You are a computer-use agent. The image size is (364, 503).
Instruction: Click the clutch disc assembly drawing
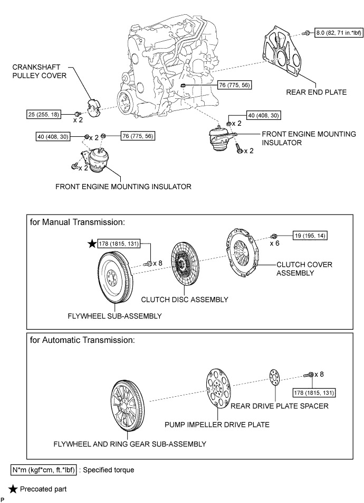point(185,267)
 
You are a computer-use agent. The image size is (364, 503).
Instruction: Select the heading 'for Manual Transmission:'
point(78,222)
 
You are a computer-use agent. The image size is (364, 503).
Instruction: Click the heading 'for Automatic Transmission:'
point(83,340)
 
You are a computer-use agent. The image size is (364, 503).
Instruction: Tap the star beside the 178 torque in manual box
point(93,244)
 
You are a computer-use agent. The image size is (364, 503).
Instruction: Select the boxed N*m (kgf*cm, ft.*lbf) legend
point(44,469)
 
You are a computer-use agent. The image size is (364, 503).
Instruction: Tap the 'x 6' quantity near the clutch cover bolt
point(274,244)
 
